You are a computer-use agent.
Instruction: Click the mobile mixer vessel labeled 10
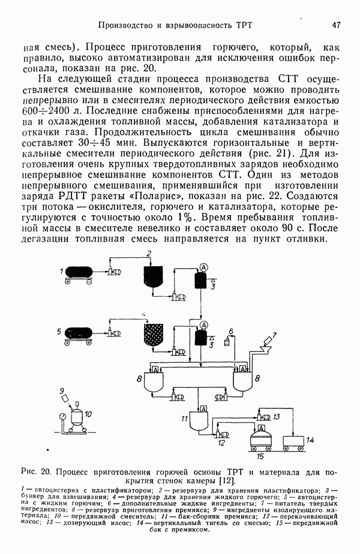point(76,418)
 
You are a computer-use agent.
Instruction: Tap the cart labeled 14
point(295,443)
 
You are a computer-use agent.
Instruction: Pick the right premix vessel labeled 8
point(242,381)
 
